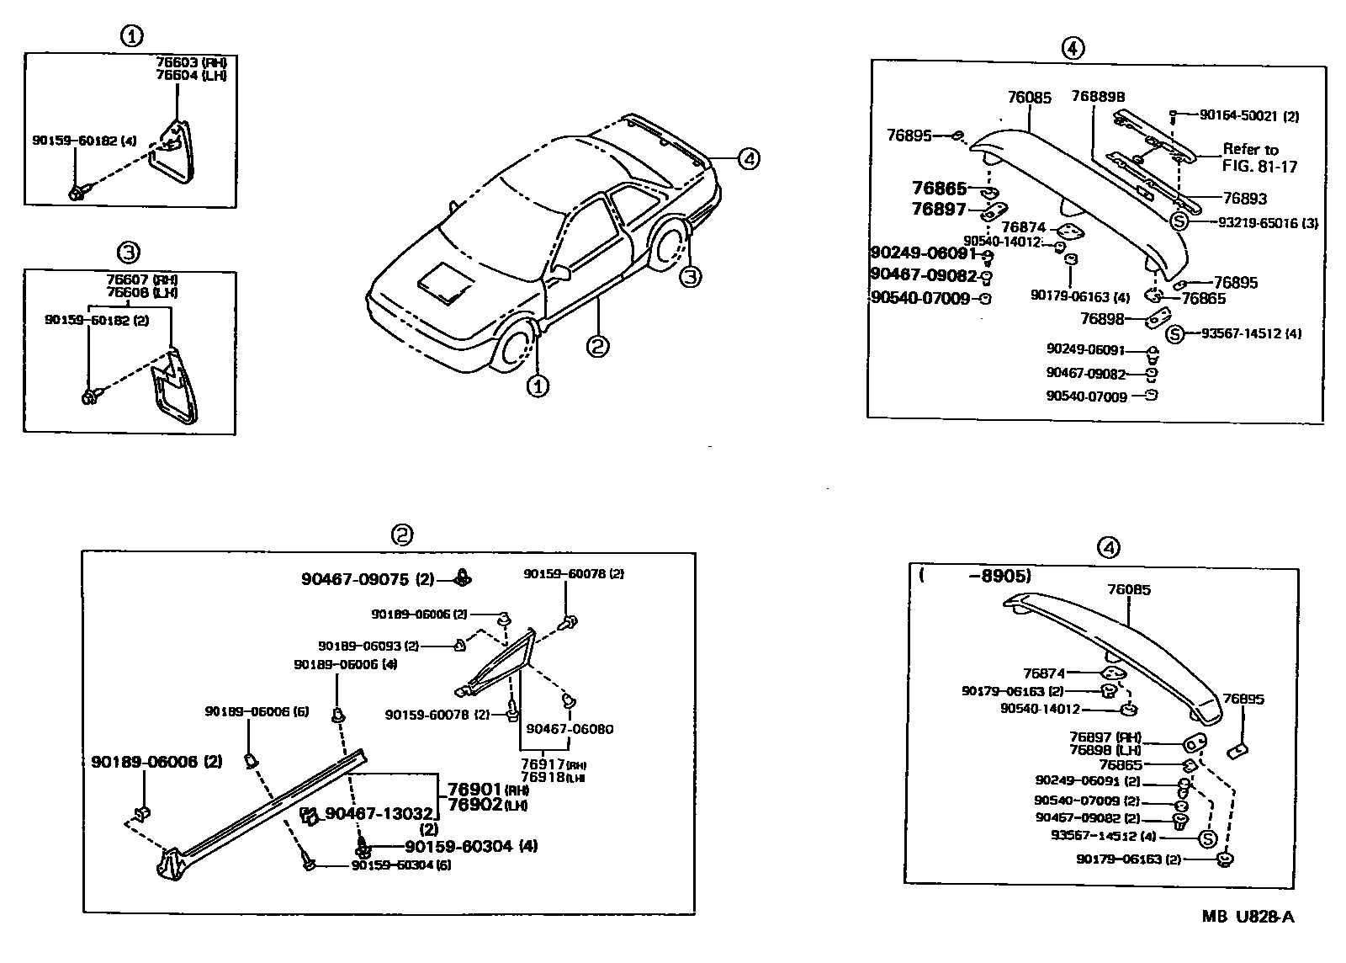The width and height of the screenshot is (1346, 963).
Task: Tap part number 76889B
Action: [1098, 97]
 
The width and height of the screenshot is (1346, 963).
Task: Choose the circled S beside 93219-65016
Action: [1179, 222]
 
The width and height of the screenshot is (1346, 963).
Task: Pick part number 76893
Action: [1244, 199]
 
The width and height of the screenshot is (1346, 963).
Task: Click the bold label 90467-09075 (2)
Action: [368, 579]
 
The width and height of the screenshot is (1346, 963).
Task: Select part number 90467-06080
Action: [570, 729]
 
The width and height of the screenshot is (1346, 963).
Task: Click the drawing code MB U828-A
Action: [1248, 917]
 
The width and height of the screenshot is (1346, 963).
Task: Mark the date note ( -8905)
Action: [976, 576]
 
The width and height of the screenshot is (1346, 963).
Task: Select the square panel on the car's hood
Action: [446, 281]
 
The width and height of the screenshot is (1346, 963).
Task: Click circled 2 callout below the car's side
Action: [597, 345]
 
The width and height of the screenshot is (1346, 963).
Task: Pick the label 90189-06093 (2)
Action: [368, 646]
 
